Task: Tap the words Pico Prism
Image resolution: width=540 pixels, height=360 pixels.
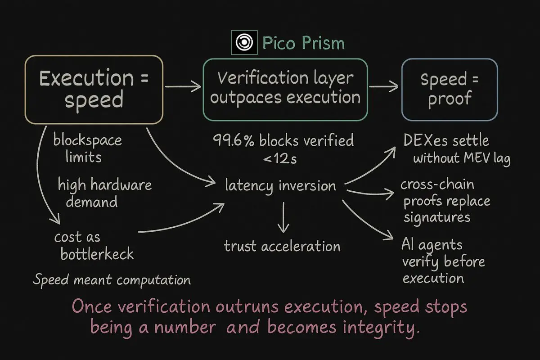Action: tap(303, 43)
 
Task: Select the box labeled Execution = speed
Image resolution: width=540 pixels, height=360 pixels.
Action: tap(94, 89)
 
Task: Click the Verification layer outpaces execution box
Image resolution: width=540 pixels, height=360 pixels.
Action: tap(285, 89)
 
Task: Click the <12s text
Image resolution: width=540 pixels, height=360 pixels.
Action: tap(280, 158)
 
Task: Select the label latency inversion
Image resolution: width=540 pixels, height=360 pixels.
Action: tap(280, 185)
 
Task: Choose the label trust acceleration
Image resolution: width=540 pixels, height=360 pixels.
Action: tap(282, 246)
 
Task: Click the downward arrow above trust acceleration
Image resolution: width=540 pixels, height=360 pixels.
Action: tap(282, 217)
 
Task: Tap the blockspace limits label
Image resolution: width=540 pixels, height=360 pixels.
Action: tap(87, 148)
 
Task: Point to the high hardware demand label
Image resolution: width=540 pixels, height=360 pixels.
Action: tap(104, 193)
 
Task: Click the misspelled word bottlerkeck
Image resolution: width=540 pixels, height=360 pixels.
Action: tap(97, 254)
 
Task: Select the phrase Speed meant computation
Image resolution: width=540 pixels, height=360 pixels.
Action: tap(112, 280)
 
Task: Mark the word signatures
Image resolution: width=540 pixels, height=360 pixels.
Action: tap(436, 218)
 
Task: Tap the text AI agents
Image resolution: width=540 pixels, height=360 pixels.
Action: tap(432, 245)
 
